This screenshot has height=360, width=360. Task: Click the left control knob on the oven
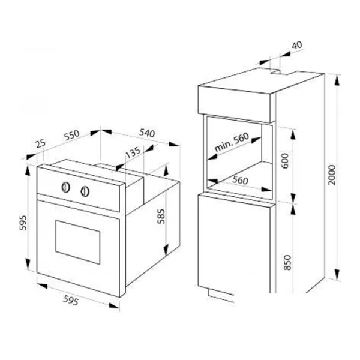click(65, 187)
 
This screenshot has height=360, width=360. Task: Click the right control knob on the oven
click(85, 191)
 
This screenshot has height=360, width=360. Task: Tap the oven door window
click(77, 242)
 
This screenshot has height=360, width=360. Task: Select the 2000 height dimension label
click(332, 175)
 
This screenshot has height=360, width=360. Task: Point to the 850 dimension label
click(287, 263)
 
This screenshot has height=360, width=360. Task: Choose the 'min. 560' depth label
click(232, 142)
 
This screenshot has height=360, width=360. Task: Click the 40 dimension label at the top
click(297, 45)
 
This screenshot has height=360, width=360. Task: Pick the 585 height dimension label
click(161, 216)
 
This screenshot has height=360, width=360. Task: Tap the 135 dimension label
click(133, 152)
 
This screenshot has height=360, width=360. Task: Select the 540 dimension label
click(147, 133)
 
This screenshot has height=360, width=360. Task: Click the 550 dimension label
click(72, 135)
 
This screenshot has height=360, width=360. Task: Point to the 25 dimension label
click(41, 144)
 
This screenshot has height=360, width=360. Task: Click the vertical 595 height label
click(23, 223)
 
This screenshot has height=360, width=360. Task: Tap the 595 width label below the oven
click(71, 301)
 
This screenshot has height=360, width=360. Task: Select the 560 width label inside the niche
click(240, 180)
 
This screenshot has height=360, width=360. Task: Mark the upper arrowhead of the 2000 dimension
click(337, 80)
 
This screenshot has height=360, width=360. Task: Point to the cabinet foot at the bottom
click(221, 296)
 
